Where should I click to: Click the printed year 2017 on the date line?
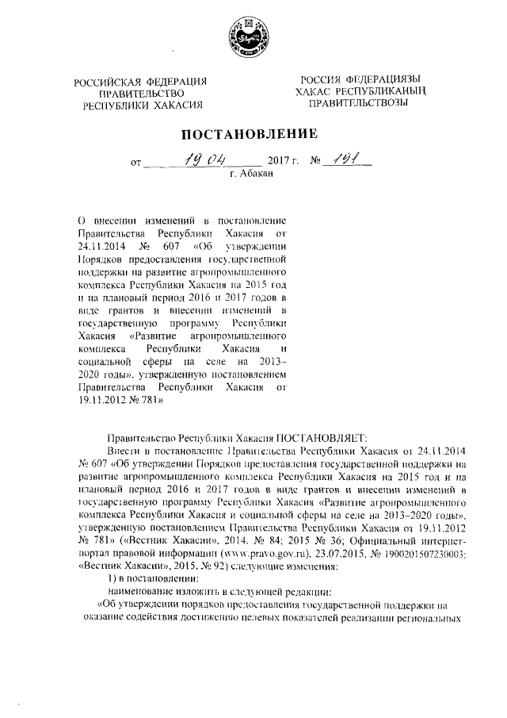point(270,164)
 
